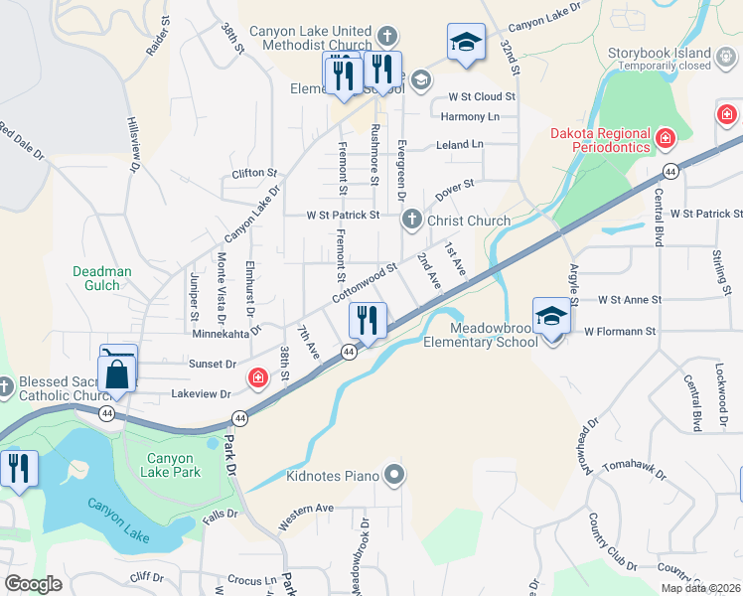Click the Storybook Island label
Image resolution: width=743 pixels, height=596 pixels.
click(x=659, y=53)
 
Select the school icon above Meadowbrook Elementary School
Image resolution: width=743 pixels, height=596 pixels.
click(x=551, y=317)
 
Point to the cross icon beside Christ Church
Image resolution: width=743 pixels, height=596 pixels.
click(x=411, y=220)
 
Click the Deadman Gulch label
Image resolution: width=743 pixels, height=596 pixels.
click(x=109, y=277)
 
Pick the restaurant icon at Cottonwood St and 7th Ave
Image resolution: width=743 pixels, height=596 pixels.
click(x=368, y=320)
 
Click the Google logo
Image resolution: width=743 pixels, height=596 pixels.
click(x=33, y=583)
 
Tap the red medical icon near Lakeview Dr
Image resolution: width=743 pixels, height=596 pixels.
click(x=257, y=377)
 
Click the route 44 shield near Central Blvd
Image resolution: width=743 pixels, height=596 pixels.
click(x=671, y=172)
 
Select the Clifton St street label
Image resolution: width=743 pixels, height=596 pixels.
click(x=253, y=173)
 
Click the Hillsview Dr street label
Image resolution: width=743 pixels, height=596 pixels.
click(x=133, y=148)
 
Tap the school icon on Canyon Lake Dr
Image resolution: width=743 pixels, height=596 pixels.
click(x=465, y=42)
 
